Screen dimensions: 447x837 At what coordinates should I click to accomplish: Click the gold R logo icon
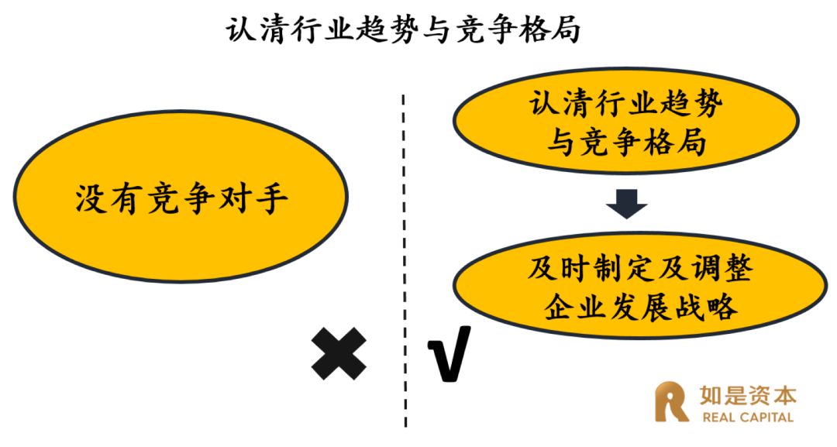pos(671,402)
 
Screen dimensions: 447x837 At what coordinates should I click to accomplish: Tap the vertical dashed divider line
pos(405,232)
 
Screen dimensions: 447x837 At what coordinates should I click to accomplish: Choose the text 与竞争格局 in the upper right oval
pos(626,141)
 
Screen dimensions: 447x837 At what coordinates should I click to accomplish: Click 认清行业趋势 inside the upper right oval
pos(626,105)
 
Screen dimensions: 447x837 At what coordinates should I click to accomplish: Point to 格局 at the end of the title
pos(547,29)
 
